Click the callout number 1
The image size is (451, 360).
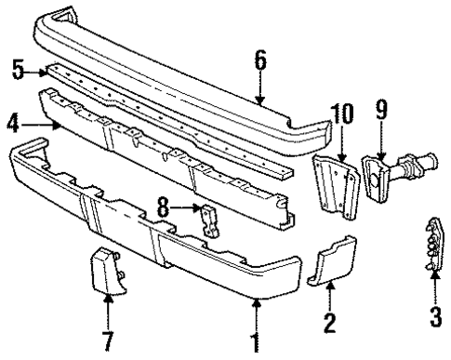pyautogui.click(x=255, y=341)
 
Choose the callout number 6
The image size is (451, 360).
pyautogui.click(x=260, y=62)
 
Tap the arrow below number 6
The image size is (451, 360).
pyautogui.click(x=260, y=88)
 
